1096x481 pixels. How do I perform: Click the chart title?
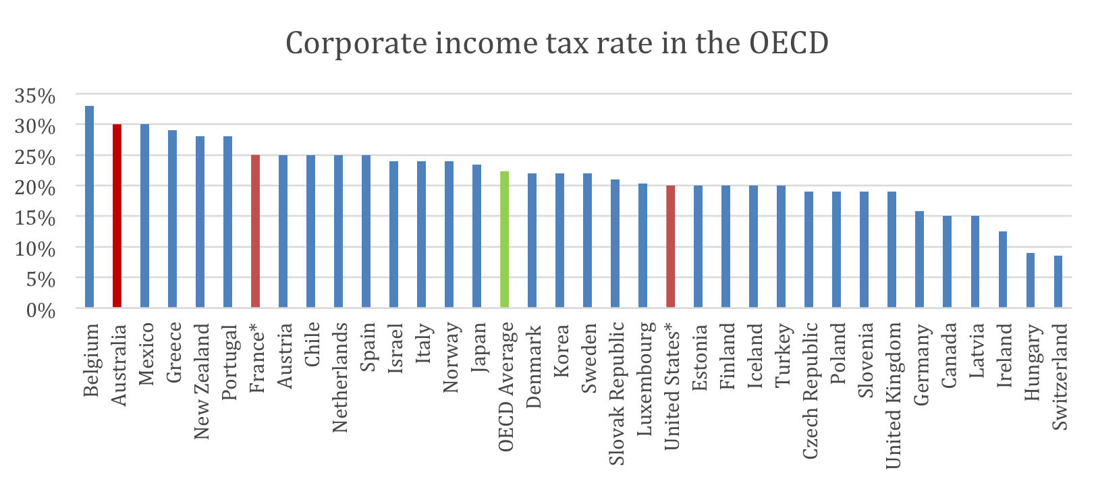click(557, 43)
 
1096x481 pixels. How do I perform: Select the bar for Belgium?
click(89, 206)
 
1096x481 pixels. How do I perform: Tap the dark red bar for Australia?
click(117, 216)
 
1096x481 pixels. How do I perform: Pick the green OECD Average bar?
click(504, 239)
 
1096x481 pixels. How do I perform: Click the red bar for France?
click(255, 231)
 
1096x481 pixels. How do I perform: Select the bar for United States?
click(670, 246)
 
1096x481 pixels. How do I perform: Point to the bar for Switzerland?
click(1058, 281)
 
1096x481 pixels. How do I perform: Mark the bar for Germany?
click(919, 260)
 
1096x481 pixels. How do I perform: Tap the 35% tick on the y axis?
click(35, 96)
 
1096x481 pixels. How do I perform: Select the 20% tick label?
click(35, 188)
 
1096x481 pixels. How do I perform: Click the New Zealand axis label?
click(201, 382)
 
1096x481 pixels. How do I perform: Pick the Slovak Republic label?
click(616, 394)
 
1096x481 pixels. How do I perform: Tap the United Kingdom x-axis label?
click(893, 395)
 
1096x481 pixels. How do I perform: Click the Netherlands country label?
click(339, 378)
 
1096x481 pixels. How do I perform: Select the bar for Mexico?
click(144, 216)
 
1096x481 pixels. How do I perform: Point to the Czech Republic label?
click(810, 391)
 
